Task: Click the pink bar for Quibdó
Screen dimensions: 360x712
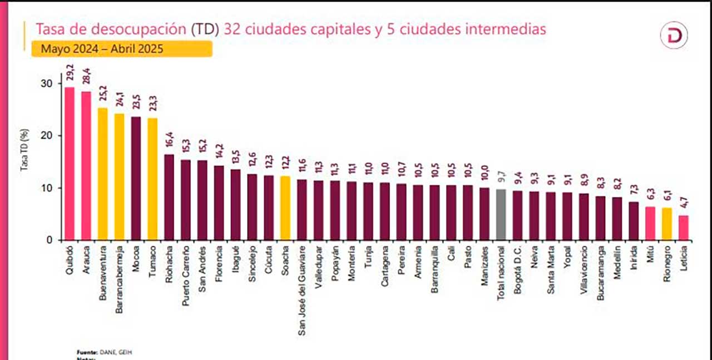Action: [70, 164]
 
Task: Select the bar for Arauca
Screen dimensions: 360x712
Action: [86, 166]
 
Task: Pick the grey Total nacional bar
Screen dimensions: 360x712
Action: [501, 215]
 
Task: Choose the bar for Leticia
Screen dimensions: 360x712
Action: [684, 228]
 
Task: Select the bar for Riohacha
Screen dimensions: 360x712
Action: [169, 197]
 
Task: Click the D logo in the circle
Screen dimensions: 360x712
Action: [674, 36]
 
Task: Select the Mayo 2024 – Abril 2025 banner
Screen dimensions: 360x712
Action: [121, 48]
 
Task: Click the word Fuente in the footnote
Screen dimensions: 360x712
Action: [86, 352]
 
